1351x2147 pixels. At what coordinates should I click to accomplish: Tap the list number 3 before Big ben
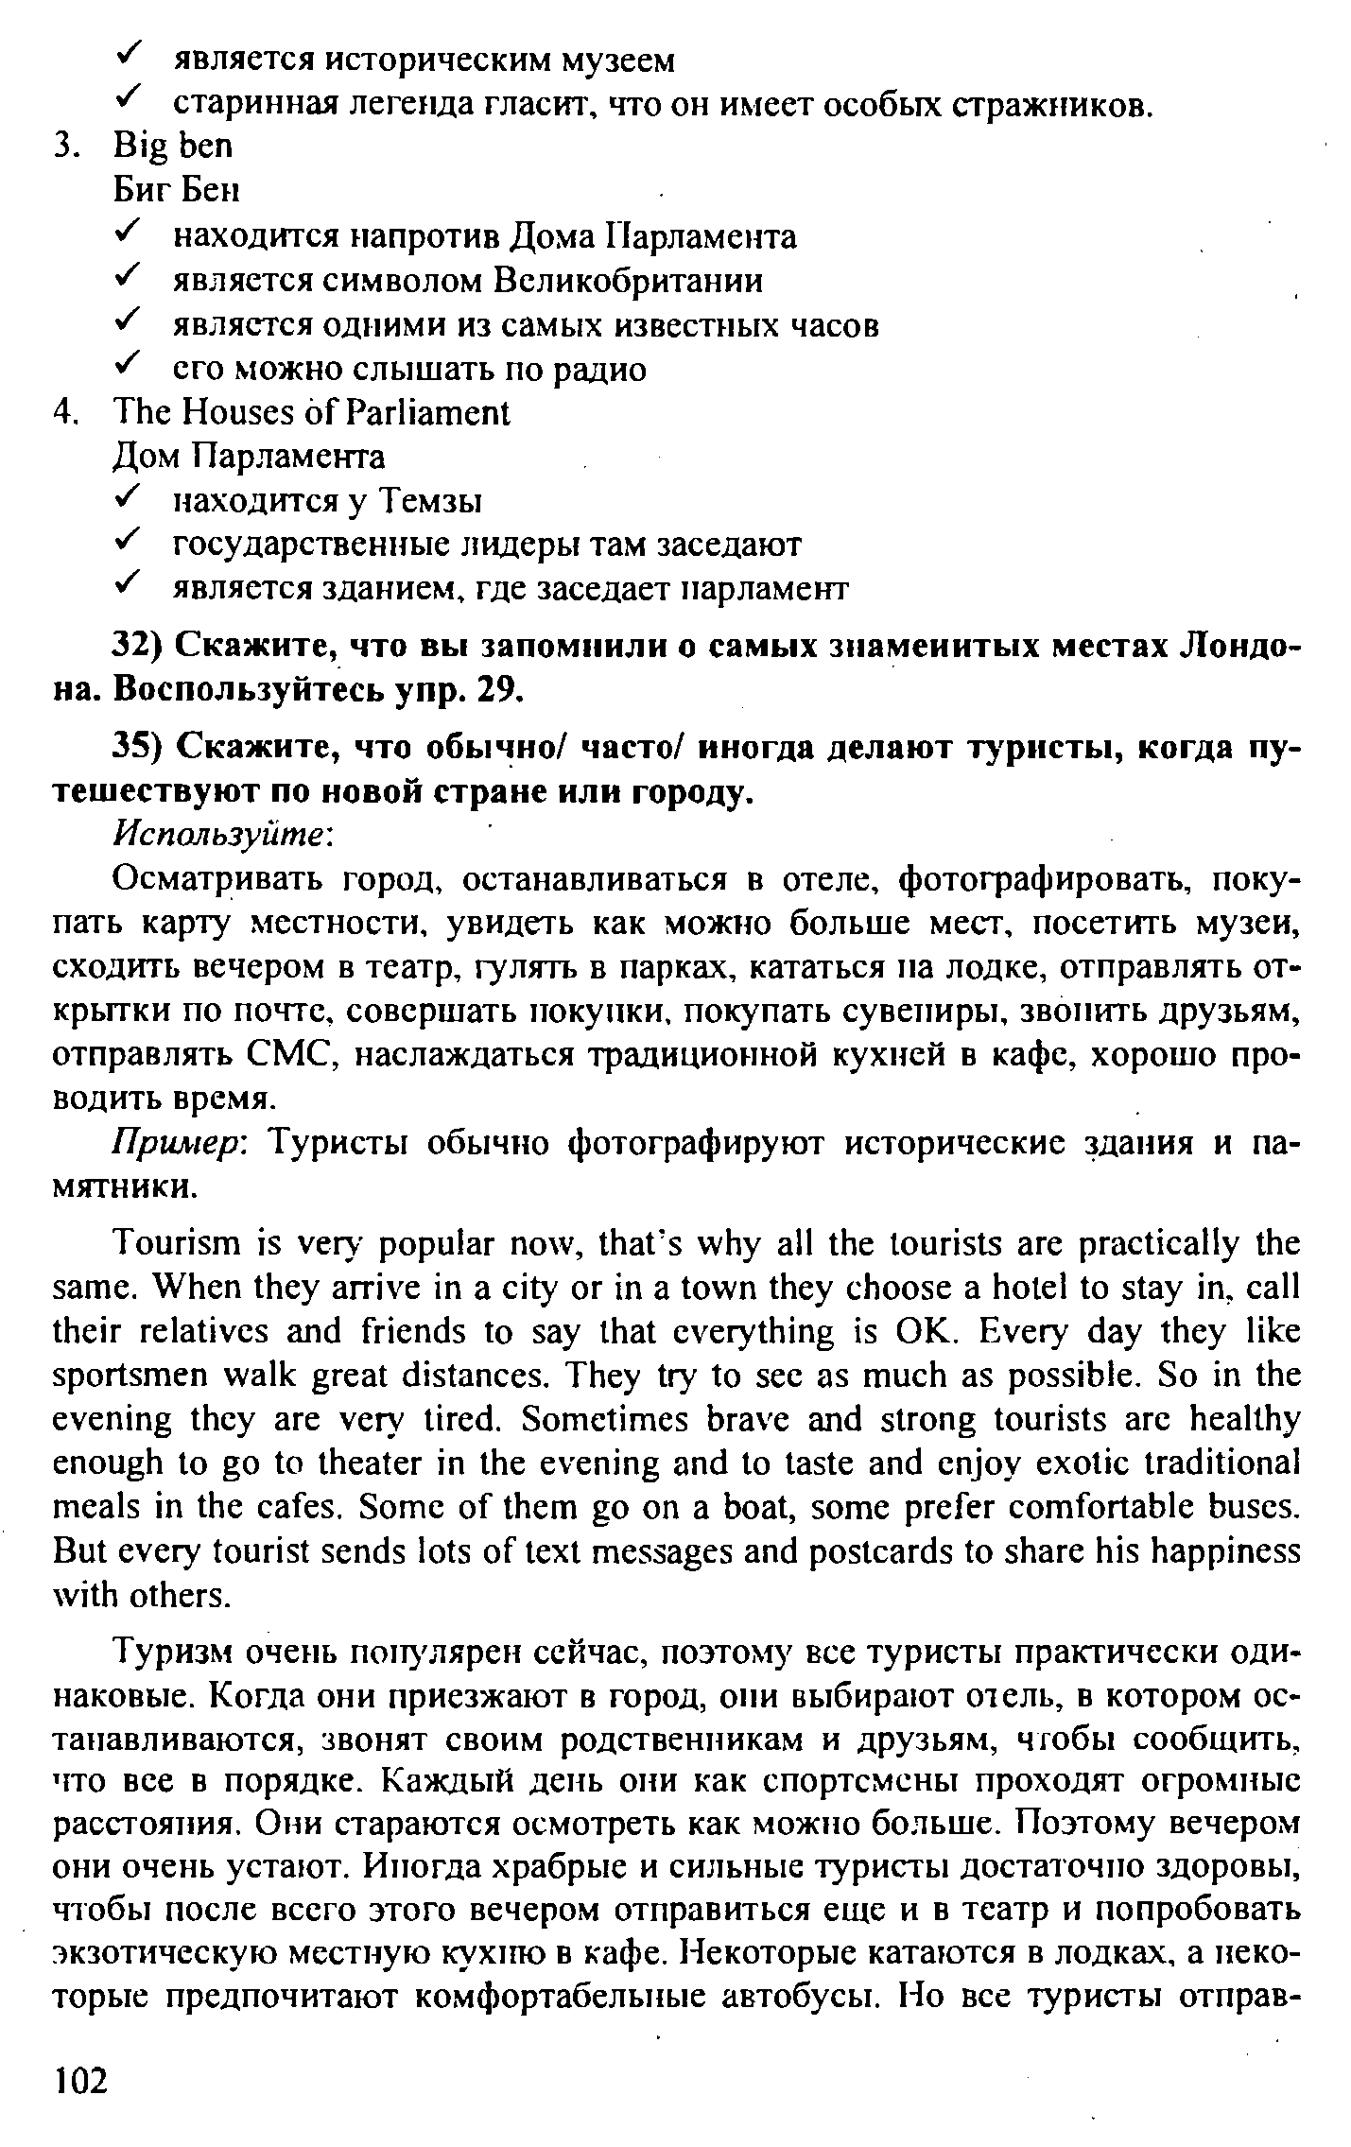click(63, 147)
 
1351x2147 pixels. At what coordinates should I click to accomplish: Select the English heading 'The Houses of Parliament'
click(311, 412)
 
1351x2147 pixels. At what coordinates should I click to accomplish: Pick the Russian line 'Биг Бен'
click(177, 191)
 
